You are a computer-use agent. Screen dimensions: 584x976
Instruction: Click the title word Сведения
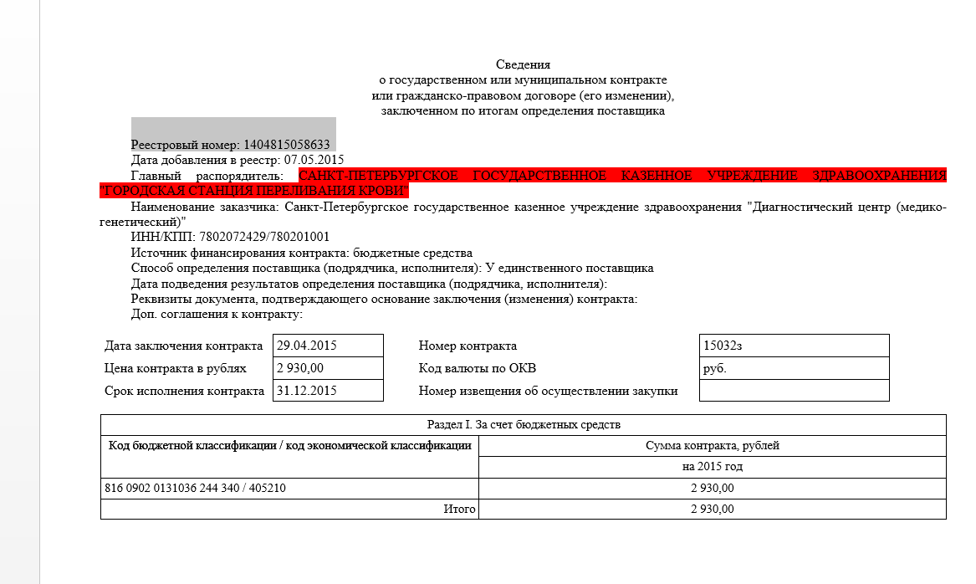(x=523, y=64)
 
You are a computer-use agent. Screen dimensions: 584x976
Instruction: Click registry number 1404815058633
(x=287, y=145)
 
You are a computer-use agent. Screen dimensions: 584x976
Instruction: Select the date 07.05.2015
(x=314, y=160)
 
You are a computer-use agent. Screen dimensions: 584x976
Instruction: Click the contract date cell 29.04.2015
(x=307, y=346)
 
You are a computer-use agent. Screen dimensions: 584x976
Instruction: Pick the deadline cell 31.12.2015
(x=307, y=391)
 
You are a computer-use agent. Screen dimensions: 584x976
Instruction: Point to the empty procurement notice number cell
(x=794, y=391)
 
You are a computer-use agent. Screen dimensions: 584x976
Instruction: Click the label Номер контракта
(x=468, y=346)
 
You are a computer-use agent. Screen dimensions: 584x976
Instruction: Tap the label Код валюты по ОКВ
(x=477, y=368)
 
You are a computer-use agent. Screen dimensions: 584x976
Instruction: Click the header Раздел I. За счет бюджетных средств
(x=524, y=425)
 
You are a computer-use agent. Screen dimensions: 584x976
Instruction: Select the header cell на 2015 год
(x=713, y=467)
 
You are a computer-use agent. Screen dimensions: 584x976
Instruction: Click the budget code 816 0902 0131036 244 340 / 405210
(x=195, y=488)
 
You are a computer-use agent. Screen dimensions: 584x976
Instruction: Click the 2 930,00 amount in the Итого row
(x=713, y=509)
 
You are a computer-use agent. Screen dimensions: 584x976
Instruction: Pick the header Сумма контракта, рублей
(x=713, y=446)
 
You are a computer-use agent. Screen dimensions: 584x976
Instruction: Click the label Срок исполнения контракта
(x=184, y=391)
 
